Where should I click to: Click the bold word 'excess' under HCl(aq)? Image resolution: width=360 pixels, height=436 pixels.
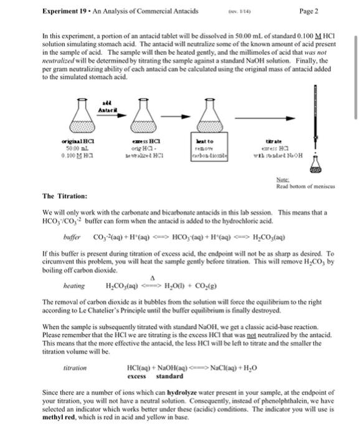136,376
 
